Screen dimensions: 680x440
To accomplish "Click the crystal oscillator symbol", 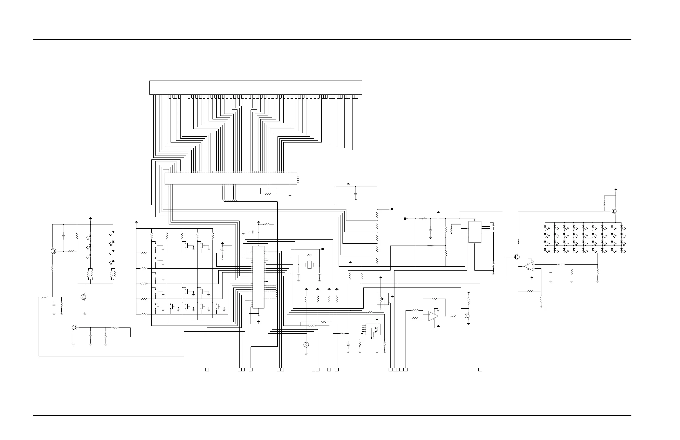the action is coord(309,265).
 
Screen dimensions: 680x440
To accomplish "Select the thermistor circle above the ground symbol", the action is coord(306,345).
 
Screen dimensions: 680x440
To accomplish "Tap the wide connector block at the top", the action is coord(256,87).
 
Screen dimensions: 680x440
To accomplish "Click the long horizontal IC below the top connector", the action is coord(231,179).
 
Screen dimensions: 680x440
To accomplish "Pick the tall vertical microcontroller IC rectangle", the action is coord(258,277).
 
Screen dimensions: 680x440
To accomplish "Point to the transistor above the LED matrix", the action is coord(614,211).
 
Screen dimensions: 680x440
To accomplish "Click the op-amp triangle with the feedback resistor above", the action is coord(433,316).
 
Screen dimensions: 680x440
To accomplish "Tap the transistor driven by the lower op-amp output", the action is coord(467,316).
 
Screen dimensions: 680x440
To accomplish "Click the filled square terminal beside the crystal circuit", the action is coord(322,249).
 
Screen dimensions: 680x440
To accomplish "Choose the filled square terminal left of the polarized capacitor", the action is coord(405,219).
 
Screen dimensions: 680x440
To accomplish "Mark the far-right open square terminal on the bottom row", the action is coord(480,370).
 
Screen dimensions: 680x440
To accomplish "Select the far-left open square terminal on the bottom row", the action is coord(207,370).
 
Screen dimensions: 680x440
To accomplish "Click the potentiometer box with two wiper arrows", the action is coord(373,329).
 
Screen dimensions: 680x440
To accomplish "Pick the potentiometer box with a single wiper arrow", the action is coord(382,299).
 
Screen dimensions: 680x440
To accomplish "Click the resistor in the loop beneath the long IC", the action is coord(268,194).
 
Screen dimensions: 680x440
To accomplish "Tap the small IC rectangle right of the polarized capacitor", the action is coord(474,232).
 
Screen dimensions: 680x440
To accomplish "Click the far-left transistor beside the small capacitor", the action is coord(53,251).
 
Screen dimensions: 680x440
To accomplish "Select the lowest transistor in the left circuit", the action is coord(74,327).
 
